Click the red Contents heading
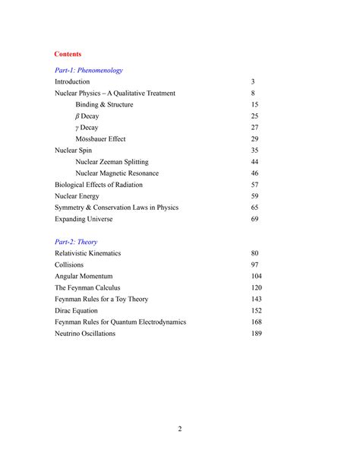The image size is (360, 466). point(68,55)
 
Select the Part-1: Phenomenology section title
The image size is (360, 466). point(89,70)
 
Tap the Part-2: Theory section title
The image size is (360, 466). point(76,242)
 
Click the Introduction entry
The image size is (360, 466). point(72,81)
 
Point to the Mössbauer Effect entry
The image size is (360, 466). point(100,139)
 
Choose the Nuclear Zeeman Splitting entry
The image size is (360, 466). point(112,162)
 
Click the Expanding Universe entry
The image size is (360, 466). point(84,219)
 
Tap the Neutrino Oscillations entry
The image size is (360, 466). point(85,333)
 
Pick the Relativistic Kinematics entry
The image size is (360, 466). point(88,253)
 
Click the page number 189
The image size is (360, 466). point(256,333)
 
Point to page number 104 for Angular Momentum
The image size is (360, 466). point(256,276)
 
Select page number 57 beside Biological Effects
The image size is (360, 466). point(254,185)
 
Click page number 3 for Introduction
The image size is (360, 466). point(253,81)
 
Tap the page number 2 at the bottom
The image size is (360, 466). point(180,430)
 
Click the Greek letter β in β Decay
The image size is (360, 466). point(77,116)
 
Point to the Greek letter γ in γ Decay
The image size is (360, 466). point(77,128)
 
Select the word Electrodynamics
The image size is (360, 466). point(158,322)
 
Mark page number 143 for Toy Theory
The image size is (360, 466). point(256,299)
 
